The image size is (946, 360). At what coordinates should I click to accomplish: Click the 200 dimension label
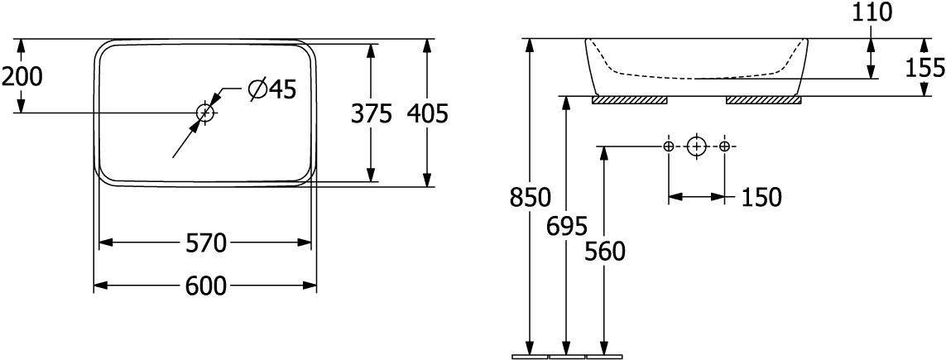click(22, 76)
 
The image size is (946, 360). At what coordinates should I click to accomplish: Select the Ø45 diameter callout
click(271, 89)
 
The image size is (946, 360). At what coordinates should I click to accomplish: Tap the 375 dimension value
click(371, 114)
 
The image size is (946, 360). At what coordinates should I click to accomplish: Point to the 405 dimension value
click(428, 114)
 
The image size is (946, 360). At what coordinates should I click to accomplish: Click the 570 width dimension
click(205, 243)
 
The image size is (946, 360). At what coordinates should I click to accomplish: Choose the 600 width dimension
click(205, 286)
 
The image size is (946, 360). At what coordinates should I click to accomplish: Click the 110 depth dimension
click(870, 12)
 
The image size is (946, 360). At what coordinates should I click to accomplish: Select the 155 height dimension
click(925, 67)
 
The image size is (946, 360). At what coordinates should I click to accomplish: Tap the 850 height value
click(531, 199)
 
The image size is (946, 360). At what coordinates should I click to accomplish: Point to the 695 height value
click(568, 226)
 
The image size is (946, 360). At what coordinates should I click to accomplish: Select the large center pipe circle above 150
click(697, 146)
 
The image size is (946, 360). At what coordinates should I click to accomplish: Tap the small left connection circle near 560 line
click(669, 146)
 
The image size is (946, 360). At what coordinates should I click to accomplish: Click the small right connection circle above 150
click(725, 146)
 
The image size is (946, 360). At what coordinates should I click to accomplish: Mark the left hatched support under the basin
click(630, 100)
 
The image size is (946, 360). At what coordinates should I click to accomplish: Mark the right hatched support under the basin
click(763, 100)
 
